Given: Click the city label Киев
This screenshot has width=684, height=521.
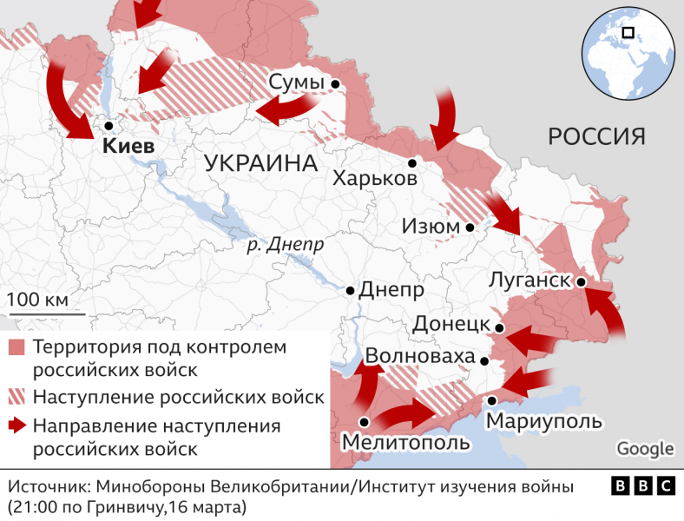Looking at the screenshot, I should click(x=128, y=146).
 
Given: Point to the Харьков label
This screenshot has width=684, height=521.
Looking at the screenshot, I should click(x=374, y=179).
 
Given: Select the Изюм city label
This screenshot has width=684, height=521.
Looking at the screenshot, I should click(x=431, y=227).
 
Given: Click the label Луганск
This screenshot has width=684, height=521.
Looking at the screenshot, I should click(x=529, y=280).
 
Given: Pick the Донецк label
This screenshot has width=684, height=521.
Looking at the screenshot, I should click(x=452, y=324).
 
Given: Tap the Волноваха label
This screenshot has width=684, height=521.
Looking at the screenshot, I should click(x=421, y=357).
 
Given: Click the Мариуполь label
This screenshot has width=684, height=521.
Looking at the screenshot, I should click(x=543, y=421).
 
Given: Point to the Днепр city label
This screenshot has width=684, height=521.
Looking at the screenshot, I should click(x=391, y=289).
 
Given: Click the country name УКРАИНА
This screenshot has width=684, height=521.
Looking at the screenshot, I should click(x=260, y=163).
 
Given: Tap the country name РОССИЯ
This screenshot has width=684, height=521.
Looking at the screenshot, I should click(x=597, y=136).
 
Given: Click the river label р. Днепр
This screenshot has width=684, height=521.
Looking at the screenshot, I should click(x=285, y=244).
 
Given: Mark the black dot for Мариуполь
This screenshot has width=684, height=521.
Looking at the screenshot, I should click(x=492, y=401).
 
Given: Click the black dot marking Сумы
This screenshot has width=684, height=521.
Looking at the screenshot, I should click(x=335, y=83).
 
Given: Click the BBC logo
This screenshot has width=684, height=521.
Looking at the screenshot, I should click(x=642, y=486).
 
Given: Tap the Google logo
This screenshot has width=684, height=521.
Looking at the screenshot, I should click(x=645, y=448).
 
